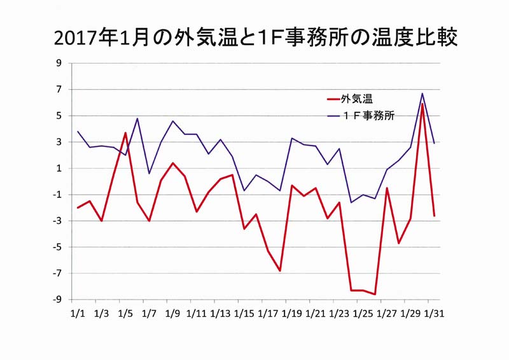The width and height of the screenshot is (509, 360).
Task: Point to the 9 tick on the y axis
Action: point(59,63)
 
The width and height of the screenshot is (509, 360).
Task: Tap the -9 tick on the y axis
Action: point(57,300)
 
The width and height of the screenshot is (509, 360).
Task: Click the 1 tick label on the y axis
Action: point(59,169)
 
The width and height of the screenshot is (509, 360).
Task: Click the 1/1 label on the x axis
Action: point(77,314)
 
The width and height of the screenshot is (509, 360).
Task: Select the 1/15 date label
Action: point(244,314)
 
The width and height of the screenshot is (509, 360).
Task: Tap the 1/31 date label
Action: point(433,314)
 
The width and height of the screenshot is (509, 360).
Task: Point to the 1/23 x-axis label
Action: point(339,314)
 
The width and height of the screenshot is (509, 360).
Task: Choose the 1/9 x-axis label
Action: point(172,314)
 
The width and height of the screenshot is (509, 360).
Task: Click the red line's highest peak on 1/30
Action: point(422,103)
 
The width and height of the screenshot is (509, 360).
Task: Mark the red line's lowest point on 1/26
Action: point(375,294)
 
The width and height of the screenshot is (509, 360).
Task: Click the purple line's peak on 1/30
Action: point(422,93)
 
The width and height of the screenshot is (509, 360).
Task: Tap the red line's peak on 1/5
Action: point(125,133)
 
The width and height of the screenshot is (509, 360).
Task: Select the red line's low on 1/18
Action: point(279,271)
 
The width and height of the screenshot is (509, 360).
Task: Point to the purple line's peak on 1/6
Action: point(137,118)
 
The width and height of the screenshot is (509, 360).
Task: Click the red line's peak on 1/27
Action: point(387,188)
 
